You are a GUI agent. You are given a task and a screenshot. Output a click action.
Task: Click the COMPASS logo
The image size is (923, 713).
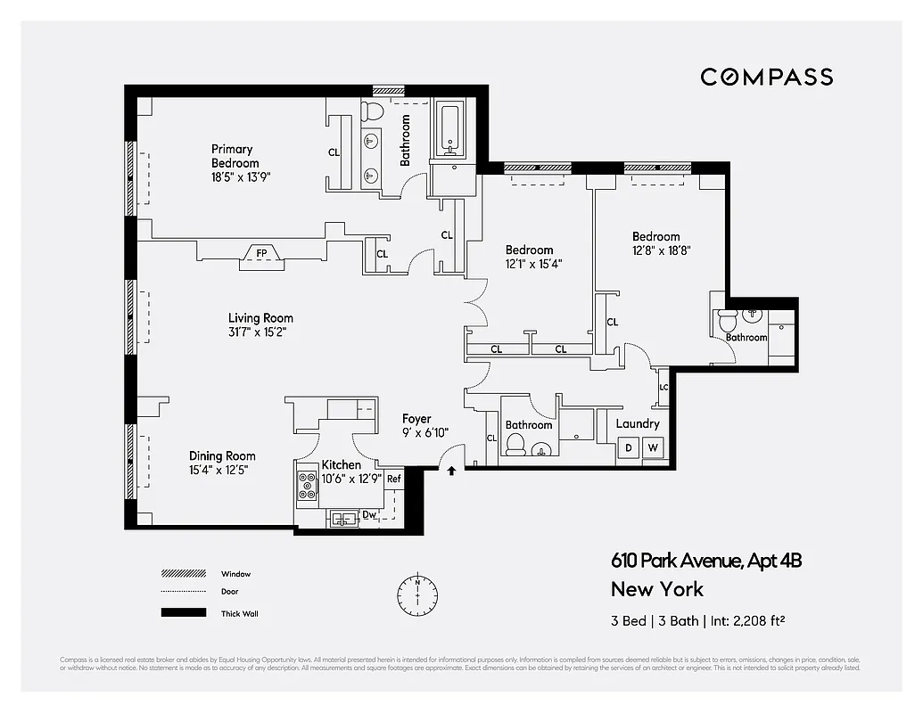point(766,77)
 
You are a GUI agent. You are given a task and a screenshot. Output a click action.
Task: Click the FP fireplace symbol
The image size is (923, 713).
point(261,253)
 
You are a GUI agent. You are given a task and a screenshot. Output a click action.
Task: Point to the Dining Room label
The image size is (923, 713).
point(222,455)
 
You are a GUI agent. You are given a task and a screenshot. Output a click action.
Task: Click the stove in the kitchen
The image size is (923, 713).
point(308,486)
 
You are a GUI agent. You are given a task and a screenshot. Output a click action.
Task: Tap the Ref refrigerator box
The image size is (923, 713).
point(393,479)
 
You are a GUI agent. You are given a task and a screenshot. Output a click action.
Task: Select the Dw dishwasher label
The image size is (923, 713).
point(369,514)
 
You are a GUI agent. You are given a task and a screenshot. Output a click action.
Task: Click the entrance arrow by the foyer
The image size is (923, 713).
point(452,471)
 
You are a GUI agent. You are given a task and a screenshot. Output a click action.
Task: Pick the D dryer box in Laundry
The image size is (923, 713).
point(629,447)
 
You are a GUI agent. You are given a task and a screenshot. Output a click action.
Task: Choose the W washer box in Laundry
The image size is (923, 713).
point(653,447)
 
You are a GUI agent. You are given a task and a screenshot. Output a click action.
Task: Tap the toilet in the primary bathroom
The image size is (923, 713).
point(374,111)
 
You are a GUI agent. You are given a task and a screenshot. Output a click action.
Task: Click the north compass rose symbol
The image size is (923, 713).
point(417,592)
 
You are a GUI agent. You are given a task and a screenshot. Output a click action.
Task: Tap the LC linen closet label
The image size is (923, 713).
point(663,388)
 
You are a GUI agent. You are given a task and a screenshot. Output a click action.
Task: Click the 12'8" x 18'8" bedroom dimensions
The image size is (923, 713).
point(662,250)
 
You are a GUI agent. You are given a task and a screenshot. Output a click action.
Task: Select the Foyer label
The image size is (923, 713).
point(416,419)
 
